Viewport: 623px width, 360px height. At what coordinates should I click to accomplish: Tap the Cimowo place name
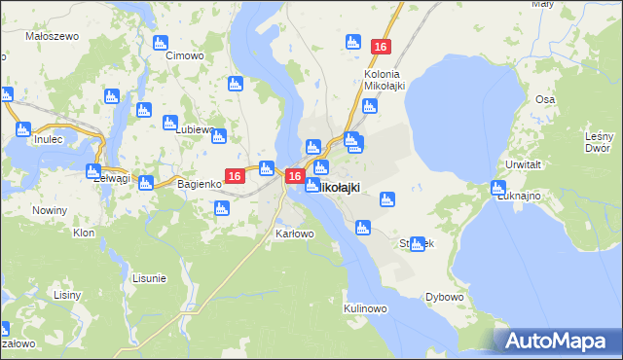click(x=185, y=55)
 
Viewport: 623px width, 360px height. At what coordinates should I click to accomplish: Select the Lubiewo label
click(x=194, y=127)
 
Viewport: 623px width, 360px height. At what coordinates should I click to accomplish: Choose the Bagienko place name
click(x=202, y=183)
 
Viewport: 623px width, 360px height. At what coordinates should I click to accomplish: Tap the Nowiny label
click(x=49, y=210)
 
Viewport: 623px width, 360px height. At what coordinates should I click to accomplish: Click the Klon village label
click(x=84, y=233)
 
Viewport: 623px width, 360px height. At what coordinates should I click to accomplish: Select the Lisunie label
click(x=148, y=278)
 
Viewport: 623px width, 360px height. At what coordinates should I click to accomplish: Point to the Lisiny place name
click(x=67, y=294)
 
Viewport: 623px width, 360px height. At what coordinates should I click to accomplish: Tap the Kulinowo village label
click(x=366, y=308)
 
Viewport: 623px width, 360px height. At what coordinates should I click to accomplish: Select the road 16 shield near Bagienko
click(x=234, y=175)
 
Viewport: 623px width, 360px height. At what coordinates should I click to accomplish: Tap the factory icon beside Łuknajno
click(x=499, y=188)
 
